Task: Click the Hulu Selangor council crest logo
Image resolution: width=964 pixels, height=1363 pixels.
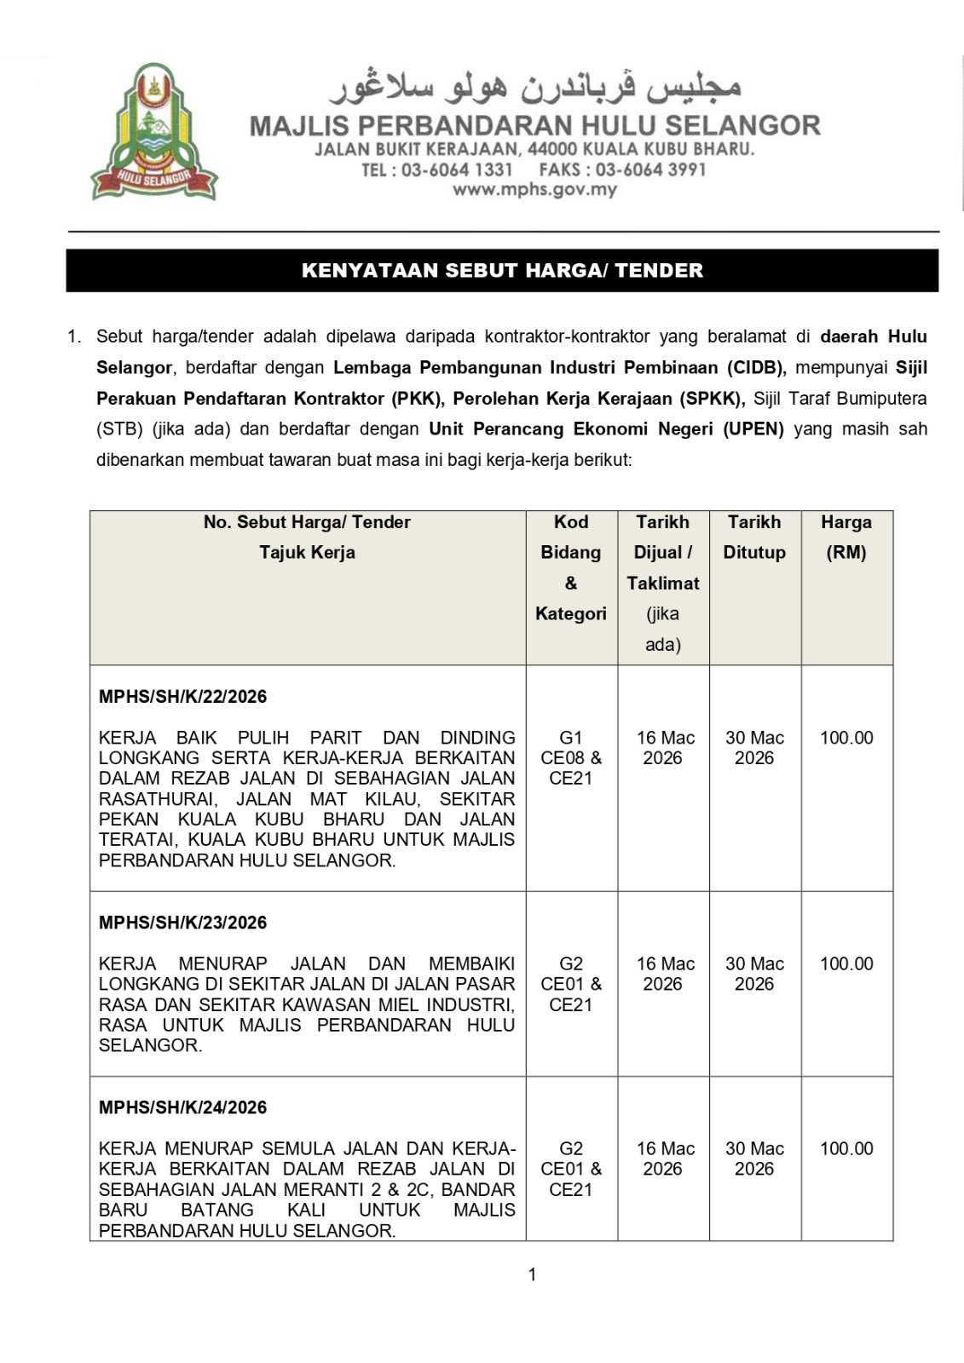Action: coord(154,133)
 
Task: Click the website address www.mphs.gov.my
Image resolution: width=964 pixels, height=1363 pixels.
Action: coord(534,190)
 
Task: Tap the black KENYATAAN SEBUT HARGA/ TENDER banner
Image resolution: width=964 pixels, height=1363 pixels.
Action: coord(502,271)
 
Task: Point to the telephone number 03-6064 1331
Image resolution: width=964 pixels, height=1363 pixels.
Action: coord(457,170)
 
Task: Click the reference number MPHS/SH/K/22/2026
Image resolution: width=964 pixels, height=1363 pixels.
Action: coord(182,697)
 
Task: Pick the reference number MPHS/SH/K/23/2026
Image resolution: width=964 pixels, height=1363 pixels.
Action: coord(182,923)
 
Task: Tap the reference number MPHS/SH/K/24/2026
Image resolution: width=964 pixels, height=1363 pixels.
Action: coord(182,1107)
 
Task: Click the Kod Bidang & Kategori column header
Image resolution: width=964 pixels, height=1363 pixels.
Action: coord(571,567)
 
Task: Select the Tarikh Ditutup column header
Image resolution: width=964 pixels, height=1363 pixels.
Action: coord(754,537)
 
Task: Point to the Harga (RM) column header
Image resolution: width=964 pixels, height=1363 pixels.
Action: coord(846,537)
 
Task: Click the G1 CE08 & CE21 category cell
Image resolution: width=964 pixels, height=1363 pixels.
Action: coord(571,758)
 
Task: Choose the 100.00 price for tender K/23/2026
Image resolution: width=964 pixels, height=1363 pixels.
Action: coord(846,963)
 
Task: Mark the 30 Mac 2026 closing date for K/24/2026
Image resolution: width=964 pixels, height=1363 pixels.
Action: coord(754,1159)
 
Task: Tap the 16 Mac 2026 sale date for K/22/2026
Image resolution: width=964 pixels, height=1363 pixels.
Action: coord(665,748)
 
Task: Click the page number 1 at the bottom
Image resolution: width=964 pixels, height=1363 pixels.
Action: coord(533,1274)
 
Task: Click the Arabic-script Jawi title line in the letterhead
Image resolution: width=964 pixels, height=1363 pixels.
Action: coord(535,86)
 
